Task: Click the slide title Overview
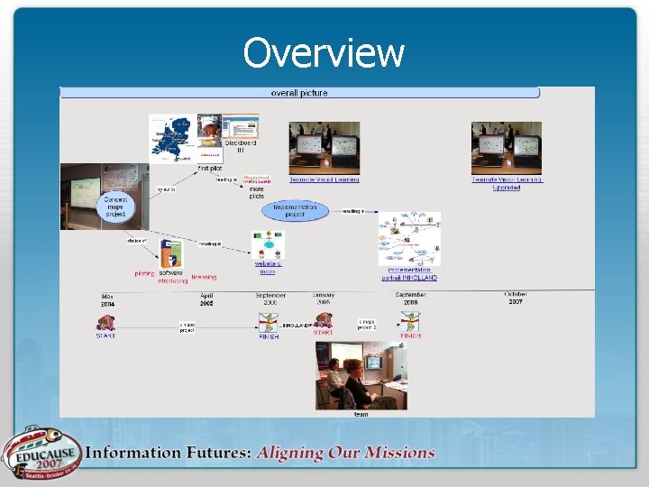[x=324, y=53]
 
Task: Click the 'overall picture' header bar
[x=299, y=93]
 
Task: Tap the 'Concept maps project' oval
[x=114, y=206]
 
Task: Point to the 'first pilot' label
[x=210, y=169]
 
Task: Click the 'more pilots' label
[x=257, y=192]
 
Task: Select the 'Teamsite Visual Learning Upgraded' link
[x=507, y=183]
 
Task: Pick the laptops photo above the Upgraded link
[x=507, y=147]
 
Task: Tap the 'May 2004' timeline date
[x=107, y=300]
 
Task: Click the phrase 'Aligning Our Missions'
[x=345, y=453]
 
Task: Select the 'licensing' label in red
[x=203, y=277]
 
